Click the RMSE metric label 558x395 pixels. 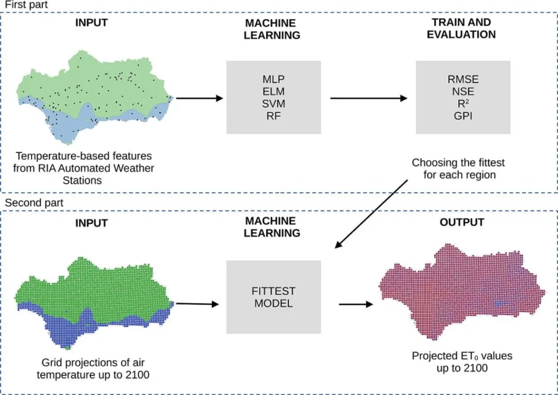tap(463, 80)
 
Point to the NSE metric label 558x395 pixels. tap(463, 92)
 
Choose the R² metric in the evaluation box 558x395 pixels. tap(463, 103)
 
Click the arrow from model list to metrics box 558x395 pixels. tap(369, 98)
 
